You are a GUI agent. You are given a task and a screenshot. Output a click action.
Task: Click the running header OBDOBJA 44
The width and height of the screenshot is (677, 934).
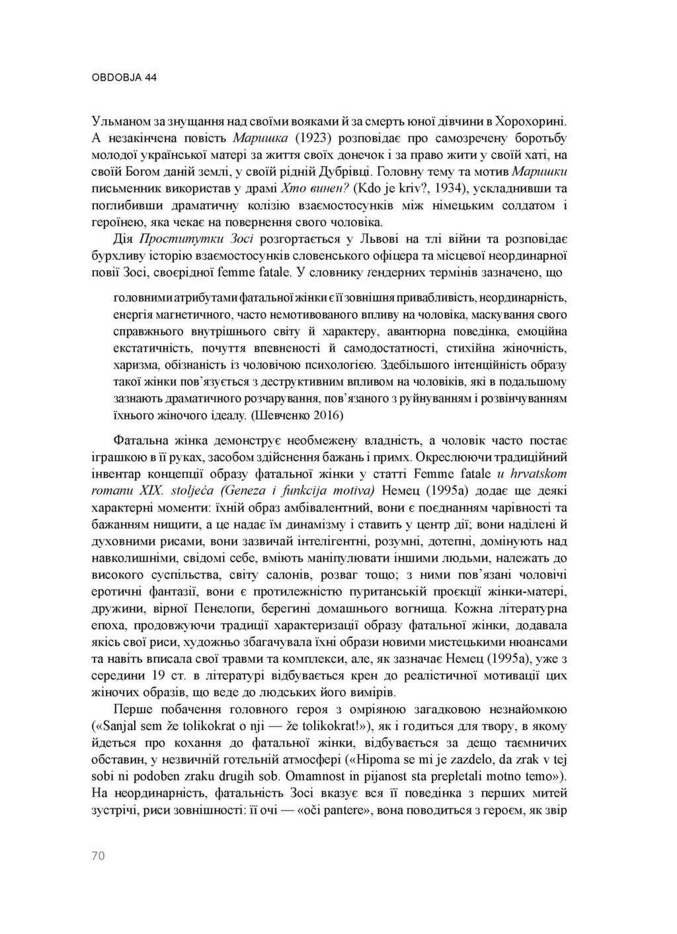tap(124, 77)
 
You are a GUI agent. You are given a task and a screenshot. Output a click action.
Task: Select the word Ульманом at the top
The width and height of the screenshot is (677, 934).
tap(114, 121)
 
